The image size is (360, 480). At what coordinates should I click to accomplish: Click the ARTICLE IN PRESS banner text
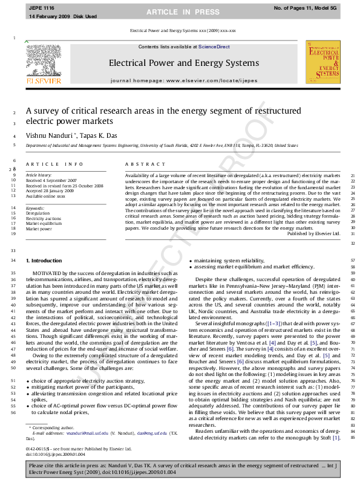179,11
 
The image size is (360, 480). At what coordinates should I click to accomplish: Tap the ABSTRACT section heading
142,164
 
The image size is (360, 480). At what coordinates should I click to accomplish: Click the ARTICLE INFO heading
54,164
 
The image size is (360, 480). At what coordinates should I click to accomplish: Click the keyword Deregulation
38,213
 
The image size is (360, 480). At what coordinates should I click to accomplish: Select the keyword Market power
39,229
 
